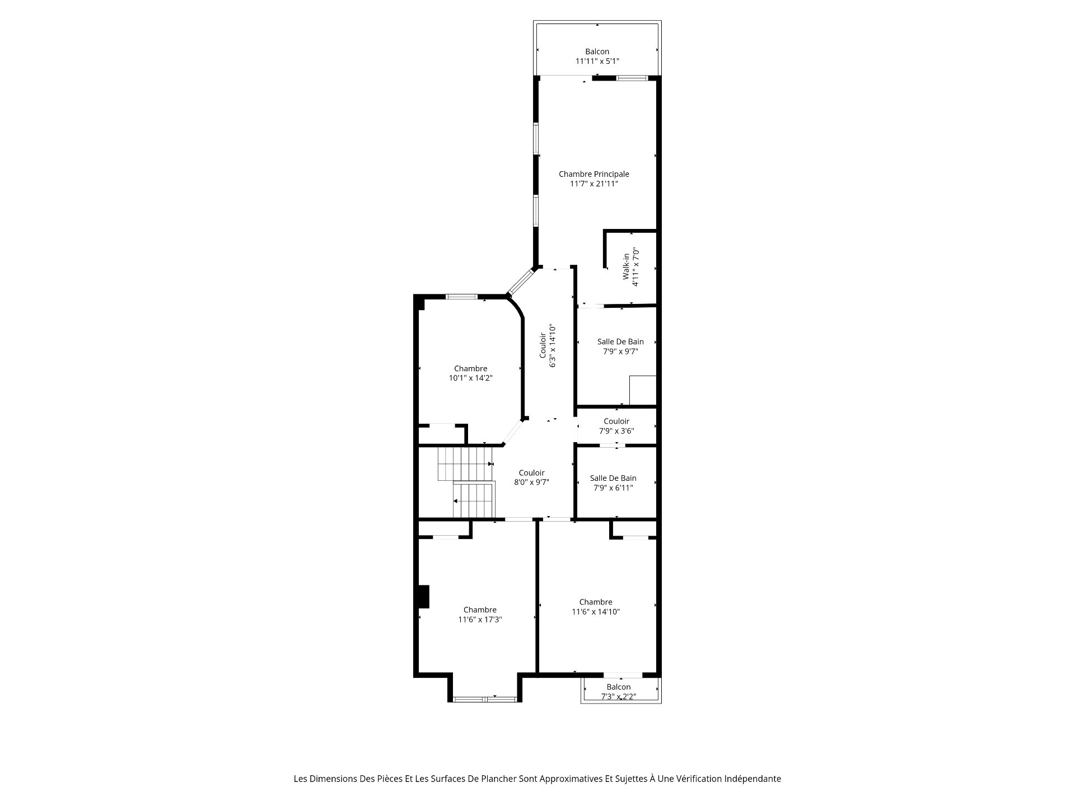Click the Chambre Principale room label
click(593, 174)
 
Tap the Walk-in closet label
click(630, 267)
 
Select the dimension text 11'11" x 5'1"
click(597, 61)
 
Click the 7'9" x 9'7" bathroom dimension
click(620, 352)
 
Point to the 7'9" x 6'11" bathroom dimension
click(613, 488)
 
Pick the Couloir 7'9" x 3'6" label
click(616, 426)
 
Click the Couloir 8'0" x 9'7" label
click(531, 477)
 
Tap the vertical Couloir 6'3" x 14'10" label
click(548, 345)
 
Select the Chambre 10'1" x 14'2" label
click(470, 373)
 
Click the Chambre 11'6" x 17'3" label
click(480, 615)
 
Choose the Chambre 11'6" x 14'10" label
click(596, 607)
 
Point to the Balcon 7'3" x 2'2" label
click(618, 692)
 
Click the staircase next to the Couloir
click(466, 482)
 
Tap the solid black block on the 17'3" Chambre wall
click(424, 597)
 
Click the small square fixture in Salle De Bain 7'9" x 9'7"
click(642, 390)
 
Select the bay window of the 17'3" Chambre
click(485, 699)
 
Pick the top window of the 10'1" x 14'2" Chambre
click(462, 297)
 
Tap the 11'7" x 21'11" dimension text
click(593, 184)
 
